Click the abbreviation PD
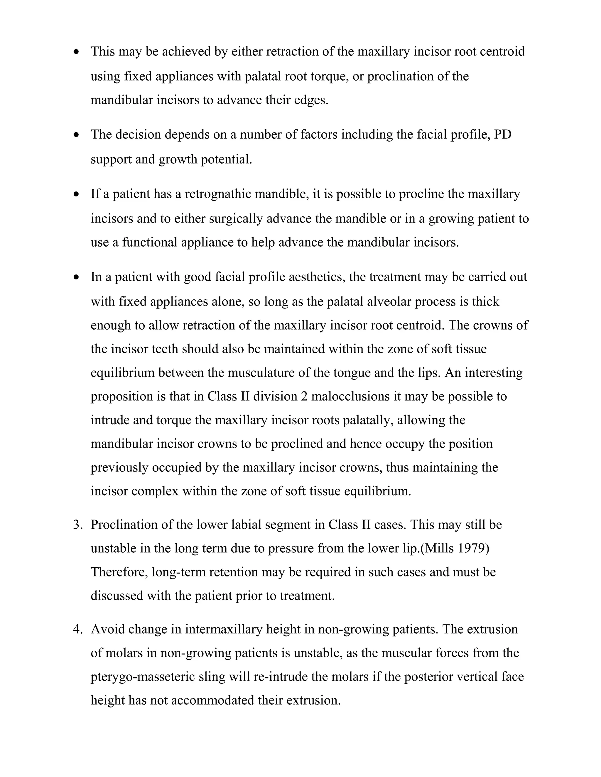[x=503, y=135]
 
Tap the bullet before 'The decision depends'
[x=76, y=135]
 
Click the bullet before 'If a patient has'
[x=76, y=195]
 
